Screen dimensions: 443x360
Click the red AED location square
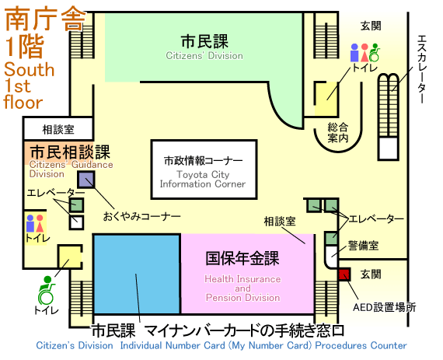click(344, 274)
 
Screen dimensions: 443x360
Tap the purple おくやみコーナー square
click(86, 180)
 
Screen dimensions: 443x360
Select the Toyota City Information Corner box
click(204, 170)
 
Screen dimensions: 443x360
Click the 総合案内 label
click(337, 132)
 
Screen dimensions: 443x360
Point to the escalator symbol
click(389, 117)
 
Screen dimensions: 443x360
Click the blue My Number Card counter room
click(137, 274)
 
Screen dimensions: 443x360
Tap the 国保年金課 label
click(242, 258)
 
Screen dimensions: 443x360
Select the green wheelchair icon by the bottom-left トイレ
click(46, 291)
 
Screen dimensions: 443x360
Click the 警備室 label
click(363, 245)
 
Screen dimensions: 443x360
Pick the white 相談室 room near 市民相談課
click(58, 129)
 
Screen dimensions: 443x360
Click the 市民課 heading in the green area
click(204, 41)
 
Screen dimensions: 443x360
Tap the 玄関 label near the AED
click(371, 274)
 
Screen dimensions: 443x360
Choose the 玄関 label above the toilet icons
click(371, 26)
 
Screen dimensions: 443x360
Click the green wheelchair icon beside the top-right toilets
click(375, 53)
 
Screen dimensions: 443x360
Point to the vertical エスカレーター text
click(421, 69)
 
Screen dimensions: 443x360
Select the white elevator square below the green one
click(76, 222)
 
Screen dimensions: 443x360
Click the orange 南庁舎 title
click(45, 19)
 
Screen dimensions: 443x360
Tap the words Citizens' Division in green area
click(204, 56)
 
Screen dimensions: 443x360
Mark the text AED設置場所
click(385, 307)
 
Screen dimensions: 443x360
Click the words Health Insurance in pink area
click(242, 279)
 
